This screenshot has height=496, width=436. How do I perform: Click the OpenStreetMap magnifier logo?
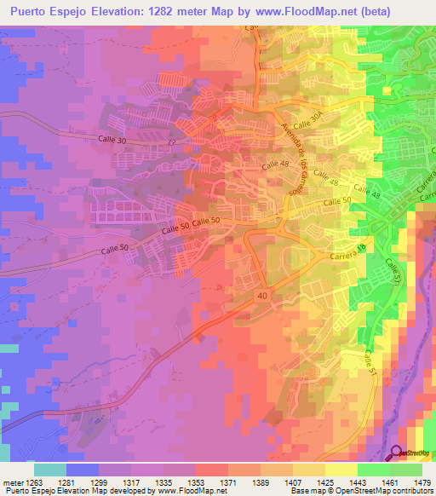point(397,453)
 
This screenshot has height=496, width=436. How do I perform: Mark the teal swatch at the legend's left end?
point(49,469)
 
